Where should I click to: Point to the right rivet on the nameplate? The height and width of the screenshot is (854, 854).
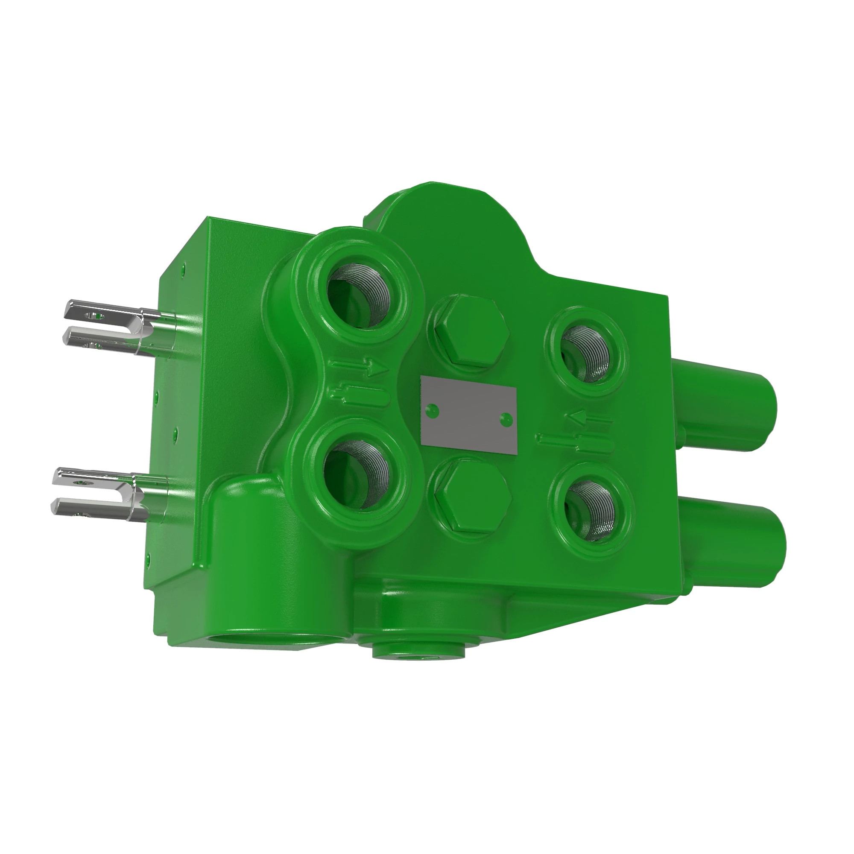506,418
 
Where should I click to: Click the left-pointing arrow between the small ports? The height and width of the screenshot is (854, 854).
590,417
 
